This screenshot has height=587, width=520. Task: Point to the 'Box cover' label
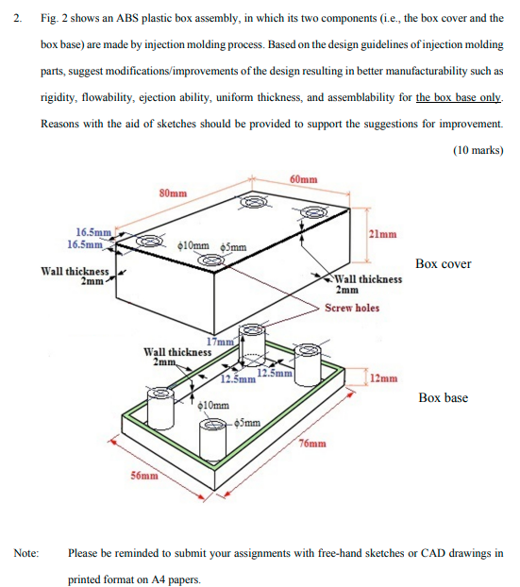[443, 263]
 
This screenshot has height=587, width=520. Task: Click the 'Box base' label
[444, 397]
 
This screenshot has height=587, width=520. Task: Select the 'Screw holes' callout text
[352, 308]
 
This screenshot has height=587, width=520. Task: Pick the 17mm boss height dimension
[219, 342]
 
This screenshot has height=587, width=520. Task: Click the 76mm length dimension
[312, 443]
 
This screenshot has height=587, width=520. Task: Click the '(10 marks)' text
[478, 150]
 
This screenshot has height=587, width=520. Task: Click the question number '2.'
[16, 18]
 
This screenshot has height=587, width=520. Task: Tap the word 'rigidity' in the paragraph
[58, 97]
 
